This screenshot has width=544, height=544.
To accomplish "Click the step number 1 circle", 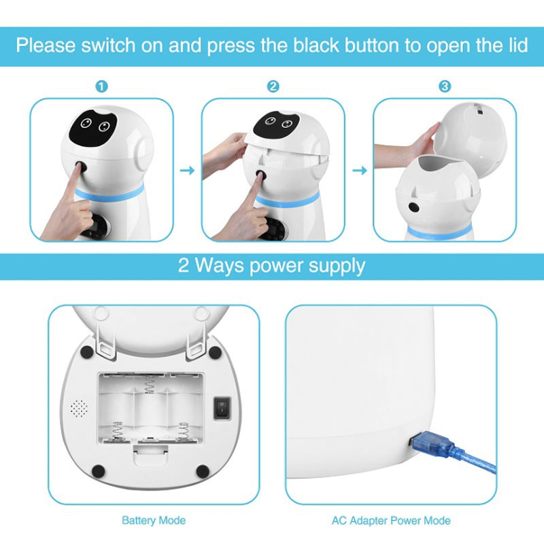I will (101, 87).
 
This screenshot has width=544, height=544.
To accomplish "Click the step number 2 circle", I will (273, 87).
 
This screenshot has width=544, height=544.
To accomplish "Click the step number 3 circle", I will (444, 87).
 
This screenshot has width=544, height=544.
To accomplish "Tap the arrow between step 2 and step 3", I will (359, 170).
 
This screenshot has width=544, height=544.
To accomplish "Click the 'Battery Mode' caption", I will (153, 521).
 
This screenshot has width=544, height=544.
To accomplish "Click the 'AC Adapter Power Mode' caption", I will (390, 521).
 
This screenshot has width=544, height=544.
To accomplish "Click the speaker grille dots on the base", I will (80, 408).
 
